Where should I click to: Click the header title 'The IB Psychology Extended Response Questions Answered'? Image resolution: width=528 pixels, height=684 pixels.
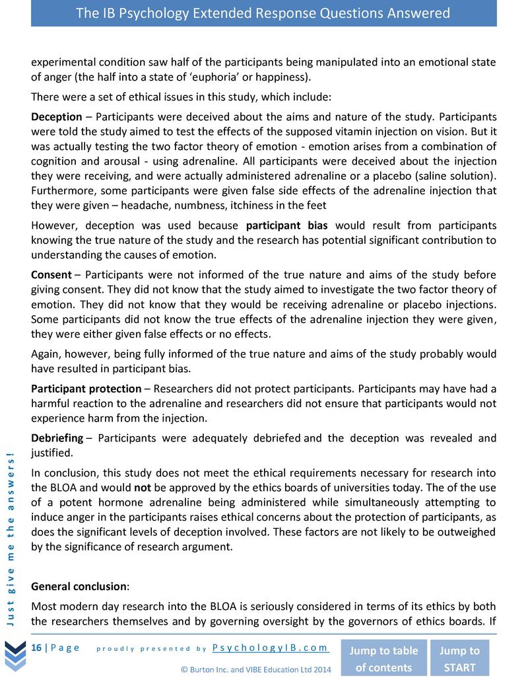(x=263, y=13)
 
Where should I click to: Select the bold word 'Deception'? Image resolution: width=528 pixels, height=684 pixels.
(x=57, y=117)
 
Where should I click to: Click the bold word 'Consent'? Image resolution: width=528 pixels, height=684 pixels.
(x=51, y=274)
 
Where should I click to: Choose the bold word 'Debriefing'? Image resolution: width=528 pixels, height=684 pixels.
(x=57, y=438)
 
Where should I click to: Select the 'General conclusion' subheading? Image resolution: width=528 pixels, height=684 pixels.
(x=80, y=586)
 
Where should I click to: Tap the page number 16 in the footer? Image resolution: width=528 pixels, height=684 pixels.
(x=36, y=647)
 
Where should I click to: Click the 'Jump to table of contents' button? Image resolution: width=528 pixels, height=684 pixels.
(x=383, y=658)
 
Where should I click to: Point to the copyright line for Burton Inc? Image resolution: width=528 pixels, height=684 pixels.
(x=256, y=669)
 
